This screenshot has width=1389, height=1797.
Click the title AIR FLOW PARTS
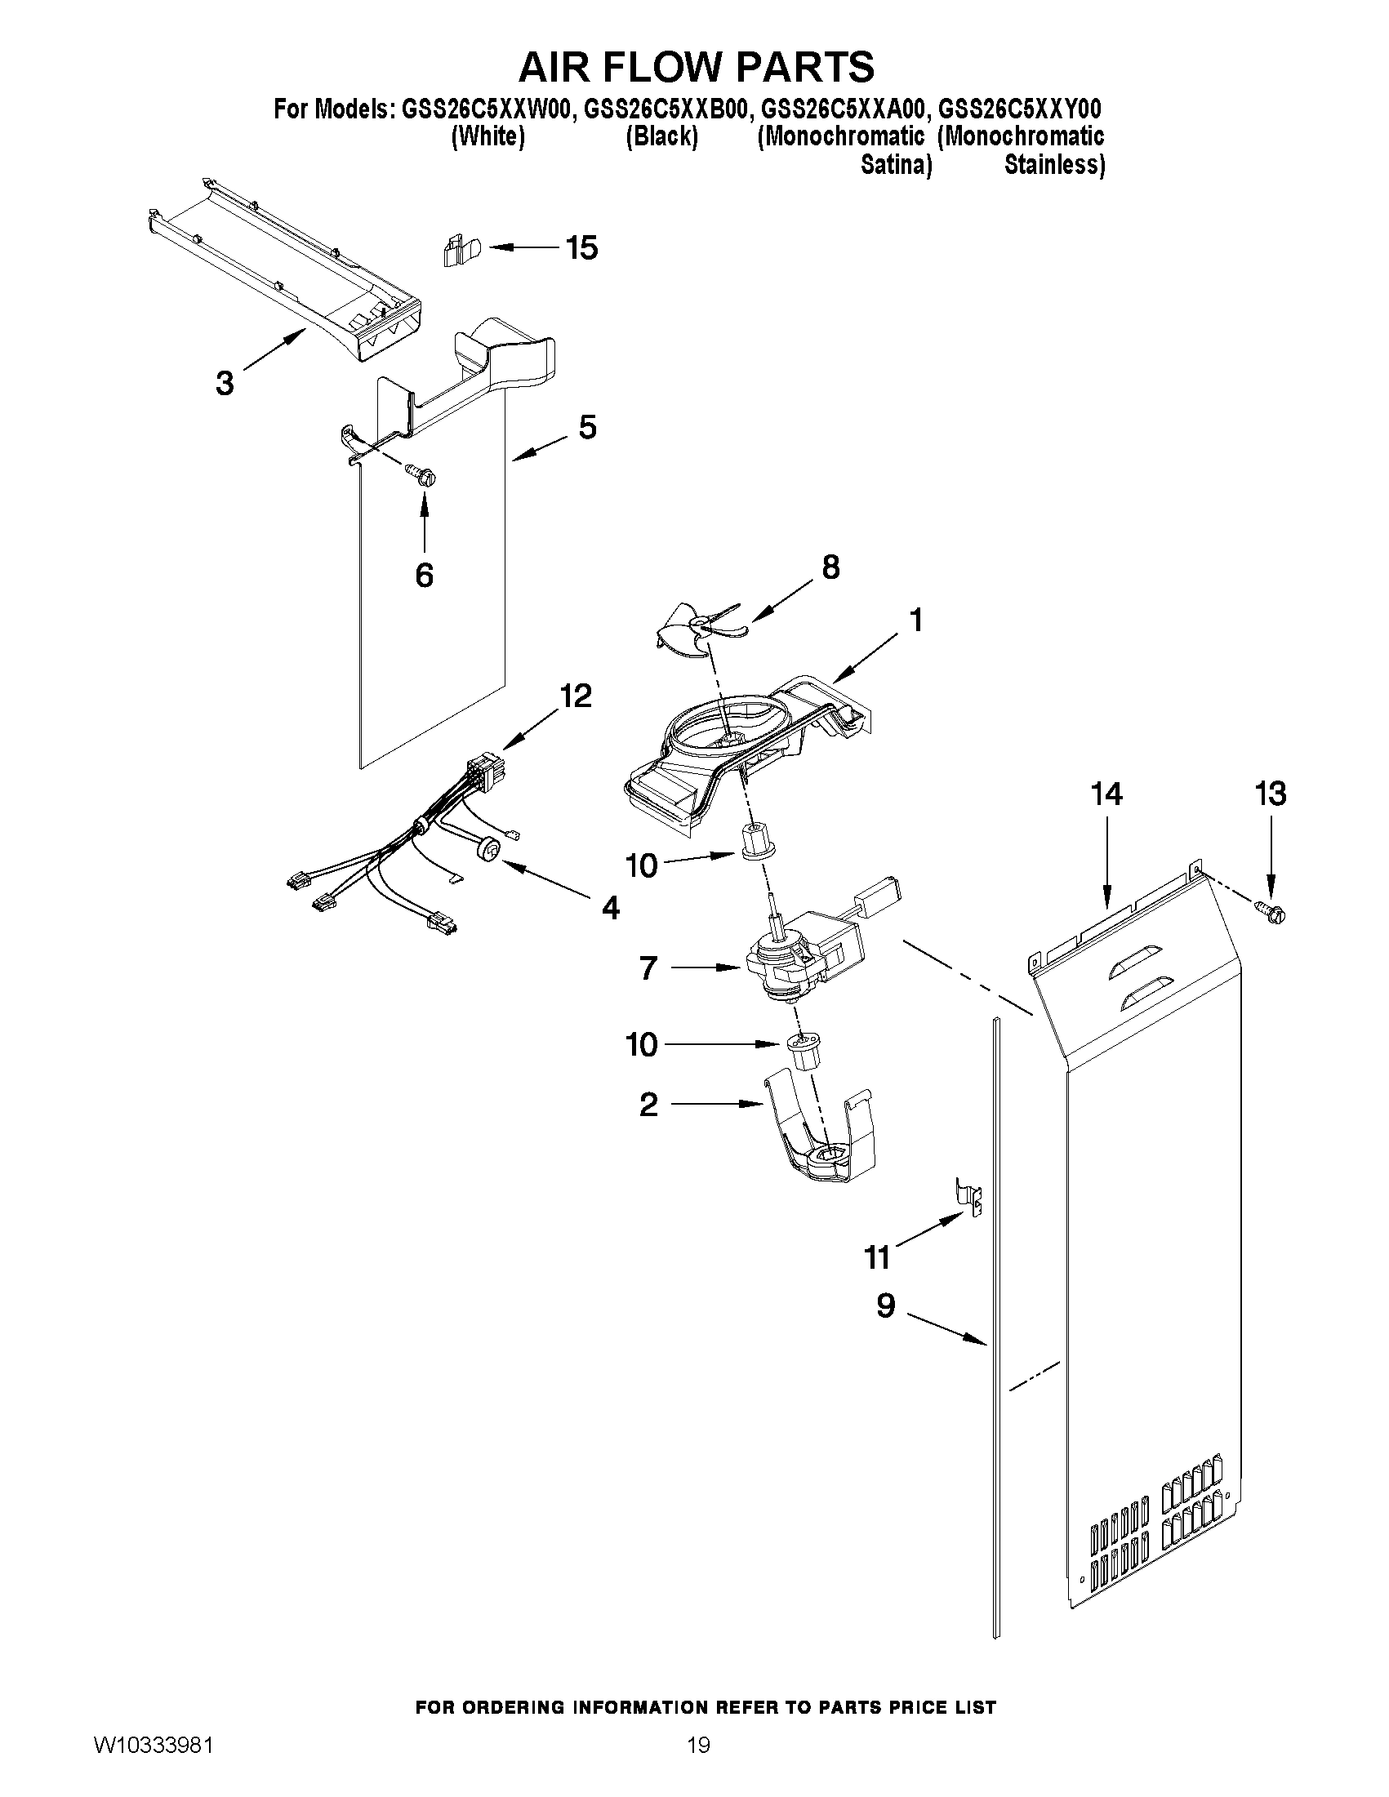[x=696, y=66]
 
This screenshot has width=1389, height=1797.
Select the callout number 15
[x=581, y=247]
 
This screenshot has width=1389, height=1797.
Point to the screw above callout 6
[x=423, y=474]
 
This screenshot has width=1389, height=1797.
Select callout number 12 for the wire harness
[x=575, y=696]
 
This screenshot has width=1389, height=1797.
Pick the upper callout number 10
[x=642, y=865]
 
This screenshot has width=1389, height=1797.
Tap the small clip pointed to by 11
[x=970, y=1203]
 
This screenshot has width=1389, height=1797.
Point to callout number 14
[x=1106, y=794]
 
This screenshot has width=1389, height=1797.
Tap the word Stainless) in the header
[x=1054, y=165]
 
